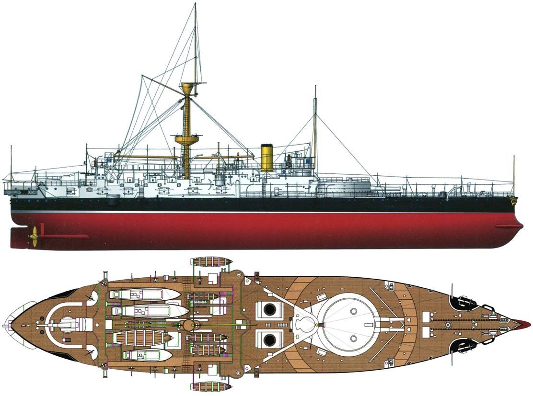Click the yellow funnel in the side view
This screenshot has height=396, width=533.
click(267, 157)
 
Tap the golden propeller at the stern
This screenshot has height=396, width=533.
click(34, 236)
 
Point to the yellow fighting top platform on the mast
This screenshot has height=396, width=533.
click(186, 140)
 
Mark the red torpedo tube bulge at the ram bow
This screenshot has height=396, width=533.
click(509, 226)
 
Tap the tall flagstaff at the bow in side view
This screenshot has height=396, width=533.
click(514, 174)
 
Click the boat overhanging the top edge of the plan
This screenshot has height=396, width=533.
click(211, 262)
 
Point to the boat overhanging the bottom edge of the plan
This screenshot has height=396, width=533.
click(211, 386)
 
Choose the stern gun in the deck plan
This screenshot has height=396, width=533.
click(67, 325)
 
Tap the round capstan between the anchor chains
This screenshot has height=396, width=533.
click(448, 325)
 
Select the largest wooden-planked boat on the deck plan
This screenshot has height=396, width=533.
click(143, 338)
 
